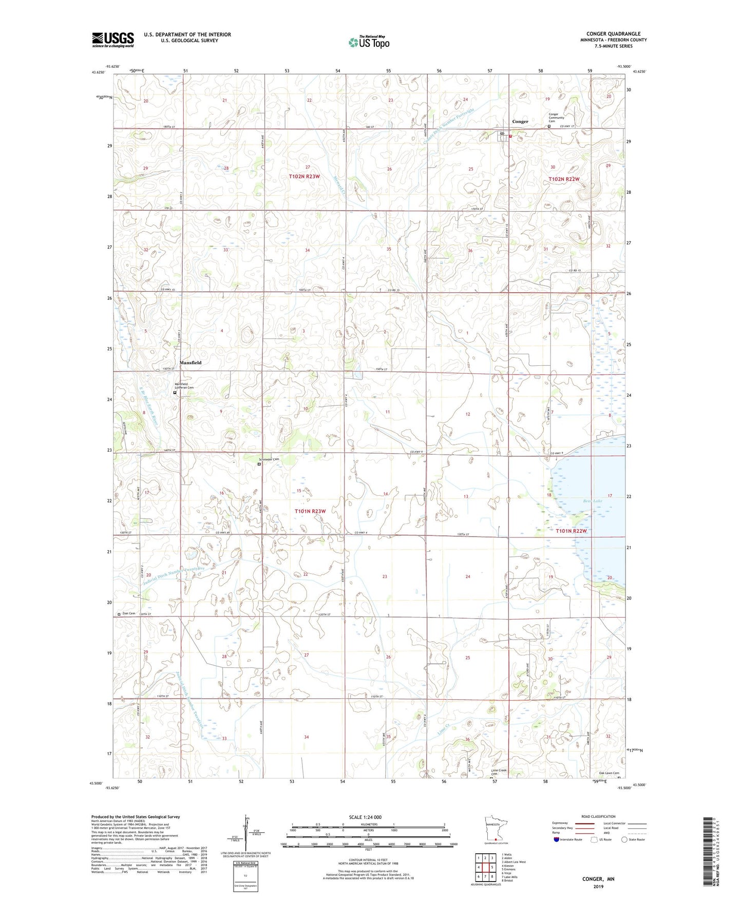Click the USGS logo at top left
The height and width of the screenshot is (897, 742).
coord(112,40)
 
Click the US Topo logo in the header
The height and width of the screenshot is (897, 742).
coord(368,42)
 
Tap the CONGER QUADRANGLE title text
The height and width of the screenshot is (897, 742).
coord(613,33)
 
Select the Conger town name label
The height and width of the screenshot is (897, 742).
coord(520,122)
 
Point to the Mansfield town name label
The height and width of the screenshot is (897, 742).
coord(190,363)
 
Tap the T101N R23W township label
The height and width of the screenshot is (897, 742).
coord(310,511)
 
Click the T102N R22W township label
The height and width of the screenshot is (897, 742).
coord(564,179)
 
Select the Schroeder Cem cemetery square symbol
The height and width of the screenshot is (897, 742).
coord(259,464)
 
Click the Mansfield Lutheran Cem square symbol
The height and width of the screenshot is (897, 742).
coord(175,393)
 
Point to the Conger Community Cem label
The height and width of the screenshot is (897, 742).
coord(556,118)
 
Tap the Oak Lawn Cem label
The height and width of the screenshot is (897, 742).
coord(608,773)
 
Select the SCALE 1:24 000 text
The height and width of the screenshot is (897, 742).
coord(365,817)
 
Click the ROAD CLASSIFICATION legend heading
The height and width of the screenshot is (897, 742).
coord(598,816)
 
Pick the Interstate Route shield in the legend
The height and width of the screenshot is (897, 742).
coord(557,839)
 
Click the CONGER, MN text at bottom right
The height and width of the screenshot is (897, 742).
coord(598,879)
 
